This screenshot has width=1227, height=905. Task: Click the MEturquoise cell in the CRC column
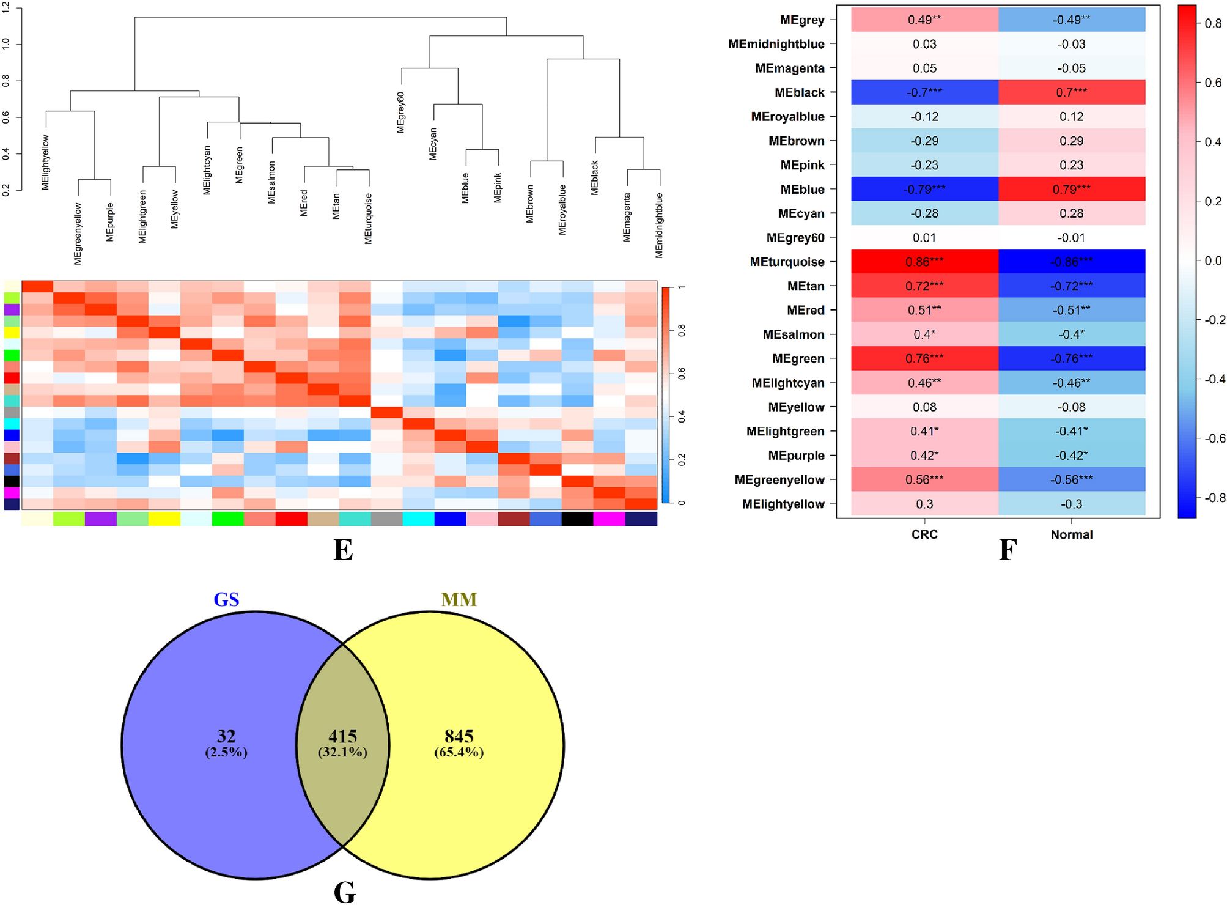[x=924, y=262]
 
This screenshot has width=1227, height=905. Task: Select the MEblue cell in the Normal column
[x=1071, y=189]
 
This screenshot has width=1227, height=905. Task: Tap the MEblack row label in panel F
[x=799, y=92]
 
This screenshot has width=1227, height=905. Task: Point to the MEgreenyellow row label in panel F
[x=779, y=480]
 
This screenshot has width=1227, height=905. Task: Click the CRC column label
[x=924, y=534]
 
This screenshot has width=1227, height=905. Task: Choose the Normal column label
[x=1071, y=534]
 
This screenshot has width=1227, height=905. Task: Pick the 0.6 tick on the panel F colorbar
[x=1213, y=83]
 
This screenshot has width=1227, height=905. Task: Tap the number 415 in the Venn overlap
[x=342, y=736]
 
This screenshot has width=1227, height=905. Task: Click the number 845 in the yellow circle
[x=459, y=736]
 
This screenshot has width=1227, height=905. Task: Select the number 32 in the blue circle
[x=226, y=736]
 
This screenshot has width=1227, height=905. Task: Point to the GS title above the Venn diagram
[x=226, y=600]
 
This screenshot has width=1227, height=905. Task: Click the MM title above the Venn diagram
[x=459, y=600]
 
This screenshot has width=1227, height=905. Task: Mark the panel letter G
[x=344, y=892]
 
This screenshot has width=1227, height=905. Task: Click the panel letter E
[x=343, y=550]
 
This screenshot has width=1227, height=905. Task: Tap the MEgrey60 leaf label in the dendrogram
[x=401, y=113]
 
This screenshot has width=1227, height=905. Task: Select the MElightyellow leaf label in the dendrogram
[x=46, y=163]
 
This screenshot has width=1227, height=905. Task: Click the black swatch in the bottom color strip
[x=577, y=519]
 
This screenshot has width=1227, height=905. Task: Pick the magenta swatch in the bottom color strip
[x=609, y=519]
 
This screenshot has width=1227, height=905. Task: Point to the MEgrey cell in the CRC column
[x=924, y=20]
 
